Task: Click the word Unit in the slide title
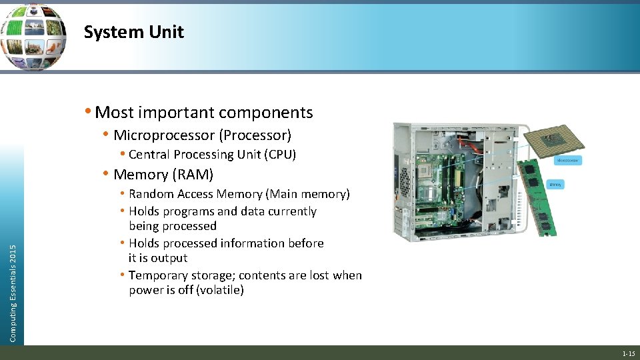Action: (168, 32)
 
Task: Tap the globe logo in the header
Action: (33, 36)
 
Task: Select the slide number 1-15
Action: (628, 353)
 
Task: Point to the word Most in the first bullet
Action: (113, 113)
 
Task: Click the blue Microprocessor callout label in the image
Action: (569, 160)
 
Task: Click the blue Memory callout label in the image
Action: (555, 184)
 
